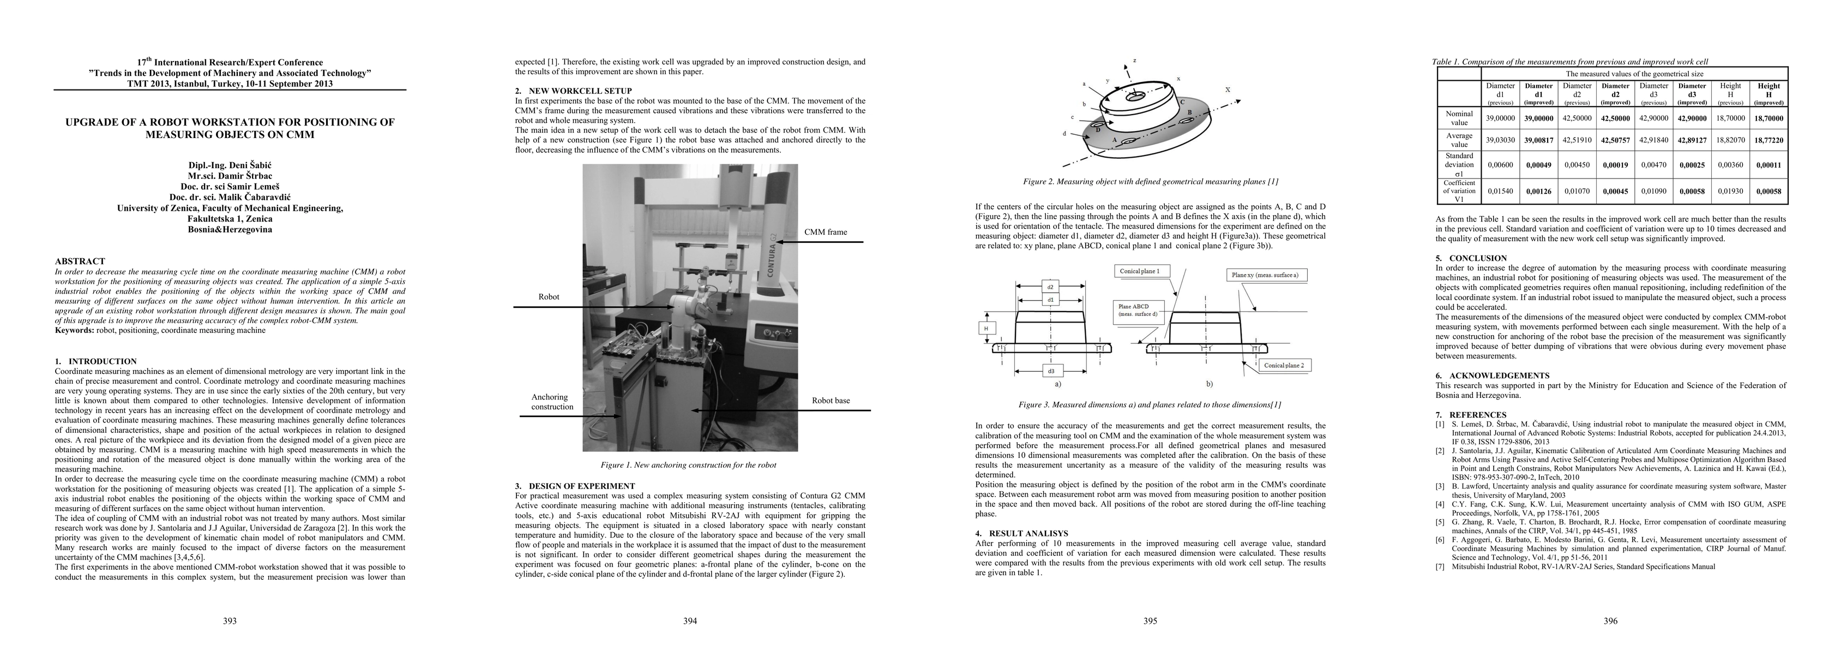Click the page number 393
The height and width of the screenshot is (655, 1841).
230,621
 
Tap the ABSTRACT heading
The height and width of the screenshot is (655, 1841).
80,261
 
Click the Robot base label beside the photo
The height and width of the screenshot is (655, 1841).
831,401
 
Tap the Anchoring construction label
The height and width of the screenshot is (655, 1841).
551,402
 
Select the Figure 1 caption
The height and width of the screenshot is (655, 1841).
688,465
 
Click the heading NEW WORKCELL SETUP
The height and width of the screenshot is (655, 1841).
580,91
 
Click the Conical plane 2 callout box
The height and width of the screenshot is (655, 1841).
1284,365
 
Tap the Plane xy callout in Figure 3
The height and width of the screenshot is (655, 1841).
1264,275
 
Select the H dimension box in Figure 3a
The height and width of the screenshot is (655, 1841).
986,328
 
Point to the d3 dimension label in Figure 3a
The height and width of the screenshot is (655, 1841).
1050,371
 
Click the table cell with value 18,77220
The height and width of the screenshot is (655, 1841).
1769,140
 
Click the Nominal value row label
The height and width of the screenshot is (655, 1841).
1459,118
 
